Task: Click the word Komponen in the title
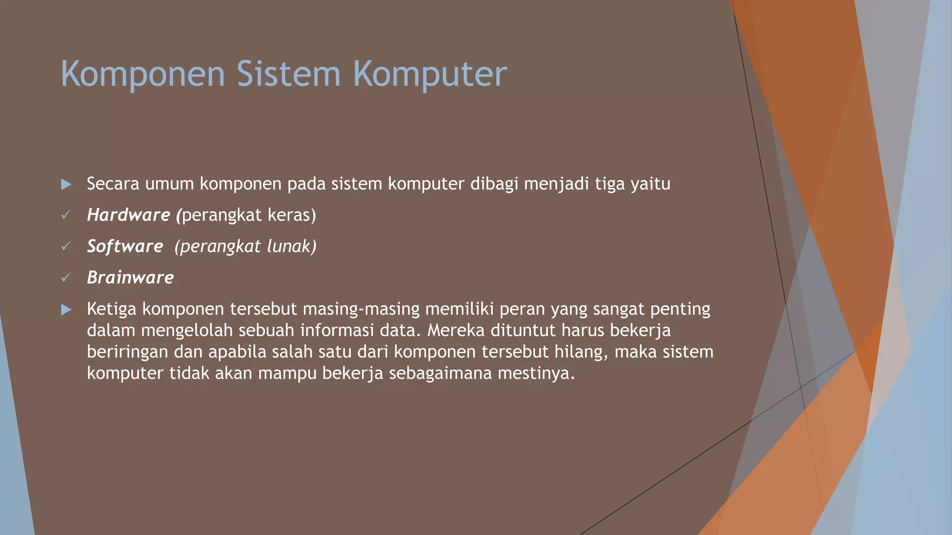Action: pos(143,74)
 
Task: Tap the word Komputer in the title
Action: pos(430,74)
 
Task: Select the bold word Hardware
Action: pos(129,215)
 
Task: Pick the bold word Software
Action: pos(125,246)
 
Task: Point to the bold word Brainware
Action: pos(130,278)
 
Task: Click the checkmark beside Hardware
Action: pos(66,215)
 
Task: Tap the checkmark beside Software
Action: pos(66,246)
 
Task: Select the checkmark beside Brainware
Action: pos(66,278)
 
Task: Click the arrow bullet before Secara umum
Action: pos(66,184)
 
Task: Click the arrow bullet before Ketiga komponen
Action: pos(66,310)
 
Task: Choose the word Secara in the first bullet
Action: pos(113,184)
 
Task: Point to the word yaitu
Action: pos(650,184)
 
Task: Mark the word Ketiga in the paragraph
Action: pos(112,309)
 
